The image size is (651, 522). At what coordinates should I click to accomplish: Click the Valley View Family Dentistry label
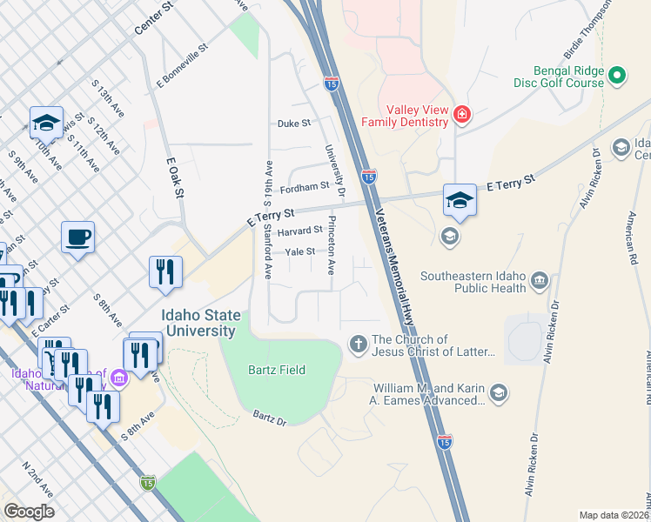[413, 117]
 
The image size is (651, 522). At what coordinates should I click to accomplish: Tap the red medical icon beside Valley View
[461, 114]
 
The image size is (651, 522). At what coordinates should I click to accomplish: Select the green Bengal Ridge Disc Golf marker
[618, 76]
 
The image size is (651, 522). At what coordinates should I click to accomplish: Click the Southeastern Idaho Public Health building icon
[539, 280]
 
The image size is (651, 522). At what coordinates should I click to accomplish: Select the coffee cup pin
[77, 238]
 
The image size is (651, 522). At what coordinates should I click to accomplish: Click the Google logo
[29, 511]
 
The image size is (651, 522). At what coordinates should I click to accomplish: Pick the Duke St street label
[294, 124]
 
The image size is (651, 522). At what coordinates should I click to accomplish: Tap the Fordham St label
[305, 186]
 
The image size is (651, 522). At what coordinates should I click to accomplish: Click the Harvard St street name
[299, 231]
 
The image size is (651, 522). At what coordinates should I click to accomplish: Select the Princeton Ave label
[332, 244]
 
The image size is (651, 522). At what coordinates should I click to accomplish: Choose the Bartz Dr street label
[270, 419]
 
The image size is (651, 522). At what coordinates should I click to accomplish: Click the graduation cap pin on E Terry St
[460, 200]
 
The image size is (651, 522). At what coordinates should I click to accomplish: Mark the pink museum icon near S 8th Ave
[118, 376]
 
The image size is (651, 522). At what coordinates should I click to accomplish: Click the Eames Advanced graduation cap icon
[499, 393]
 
